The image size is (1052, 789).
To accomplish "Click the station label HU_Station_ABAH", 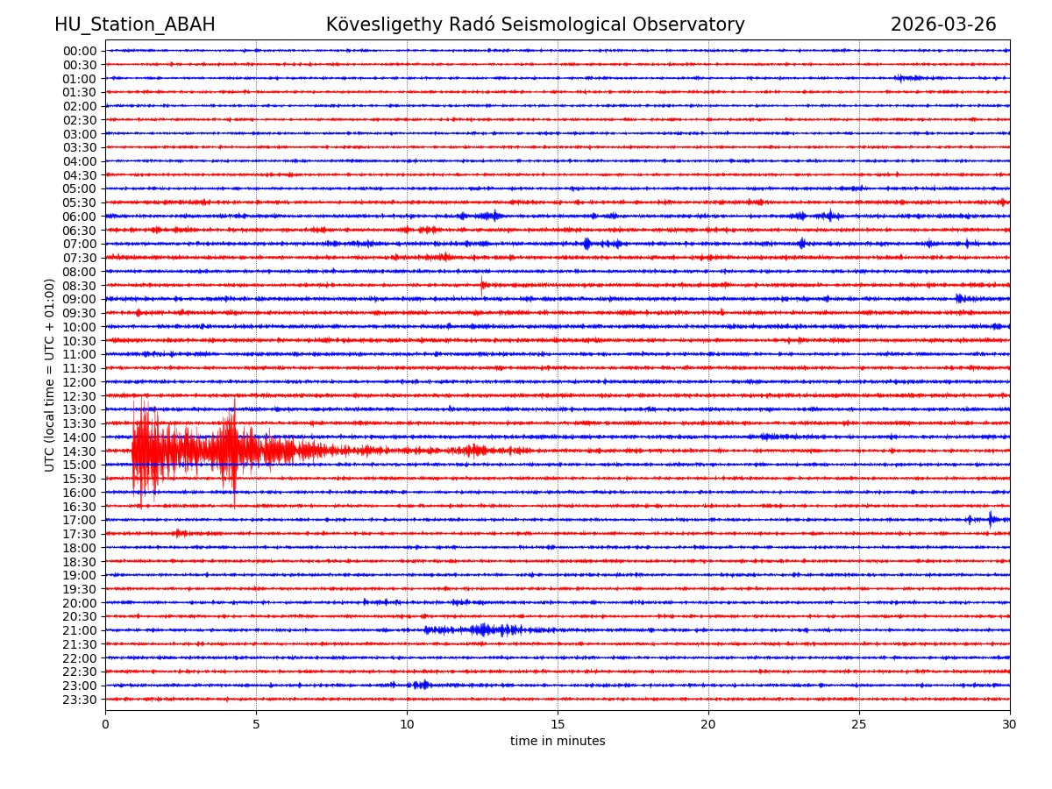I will click(x=134, y=25).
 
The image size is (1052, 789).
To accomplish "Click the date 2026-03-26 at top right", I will click(x=943, y=25).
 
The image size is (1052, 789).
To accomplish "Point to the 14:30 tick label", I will click(x=79, y=451).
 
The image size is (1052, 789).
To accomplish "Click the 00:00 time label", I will click(x=79, y=51).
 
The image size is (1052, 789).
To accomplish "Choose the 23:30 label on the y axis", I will click(x=79, y=700).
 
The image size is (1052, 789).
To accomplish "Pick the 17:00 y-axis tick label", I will click(x=79, y=520).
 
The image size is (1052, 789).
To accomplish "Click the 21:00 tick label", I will click(x=79, y=630).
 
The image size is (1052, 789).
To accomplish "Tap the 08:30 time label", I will click(x=79, y=286).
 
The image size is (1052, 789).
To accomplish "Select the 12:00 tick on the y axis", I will click(x=79, y=382).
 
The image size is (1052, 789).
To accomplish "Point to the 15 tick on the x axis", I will click(x=558, y=725).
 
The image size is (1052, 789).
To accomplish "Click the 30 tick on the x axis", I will click(x=1010, y=725).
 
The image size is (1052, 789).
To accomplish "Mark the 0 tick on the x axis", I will click(x=105, y=725).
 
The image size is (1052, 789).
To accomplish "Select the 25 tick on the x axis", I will click(x=859, y=725).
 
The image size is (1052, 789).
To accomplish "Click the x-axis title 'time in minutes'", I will click(x=558, y=742).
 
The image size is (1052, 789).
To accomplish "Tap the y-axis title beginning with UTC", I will click(x=50, y=375).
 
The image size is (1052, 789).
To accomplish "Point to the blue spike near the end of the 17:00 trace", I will click(x=991, y=519).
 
